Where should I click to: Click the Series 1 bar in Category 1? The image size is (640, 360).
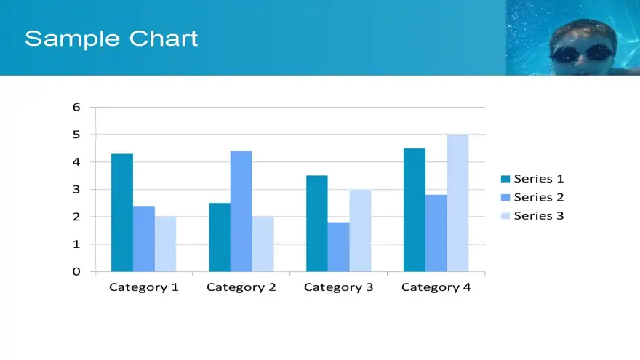[x=122, y=212]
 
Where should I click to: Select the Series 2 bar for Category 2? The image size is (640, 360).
[x=241, y=211]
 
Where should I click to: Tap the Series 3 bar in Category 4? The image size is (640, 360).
[x=457, y=203]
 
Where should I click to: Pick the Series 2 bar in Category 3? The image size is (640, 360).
[x=338, y=247]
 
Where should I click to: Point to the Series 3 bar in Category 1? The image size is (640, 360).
[x=165, y=244]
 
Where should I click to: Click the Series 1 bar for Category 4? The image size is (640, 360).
[x=415, y=209]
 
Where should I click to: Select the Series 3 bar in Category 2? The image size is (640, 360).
[x=263, y=244]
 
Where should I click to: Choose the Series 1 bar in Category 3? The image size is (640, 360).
[x=317, y=224]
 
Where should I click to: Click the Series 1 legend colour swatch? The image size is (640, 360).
[x=505, y=179]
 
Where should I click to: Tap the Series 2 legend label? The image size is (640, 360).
[x=539, y=197]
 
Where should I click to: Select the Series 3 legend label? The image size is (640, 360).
[x=539, y=215]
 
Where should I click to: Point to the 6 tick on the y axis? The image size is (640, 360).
[x=76, y=107]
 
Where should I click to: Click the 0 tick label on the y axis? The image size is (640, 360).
[x=76, y=271]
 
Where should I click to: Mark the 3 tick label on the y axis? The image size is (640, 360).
[x=76, y=189]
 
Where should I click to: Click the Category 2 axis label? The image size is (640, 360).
[x=241, y=287]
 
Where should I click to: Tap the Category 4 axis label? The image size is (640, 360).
[x=436, y=287]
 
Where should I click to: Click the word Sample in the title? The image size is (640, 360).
[x=72, y=39]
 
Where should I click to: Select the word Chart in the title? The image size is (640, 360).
[x=164, y=39]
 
